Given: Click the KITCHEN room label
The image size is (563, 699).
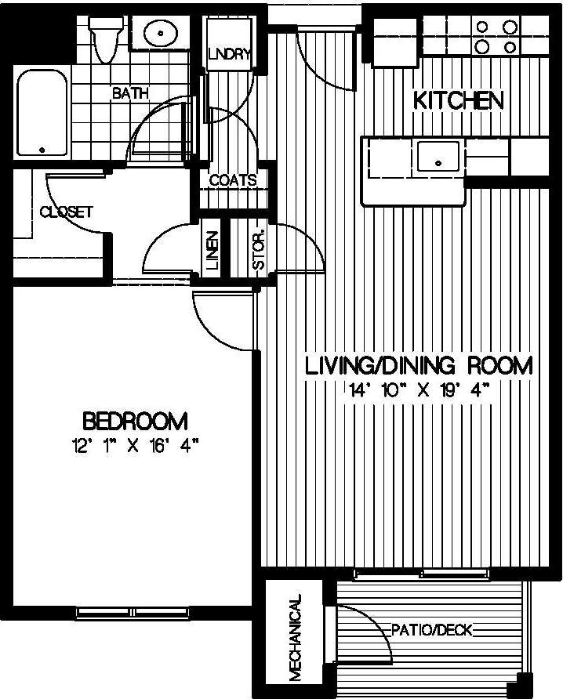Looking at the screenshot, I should [x=458, y=100].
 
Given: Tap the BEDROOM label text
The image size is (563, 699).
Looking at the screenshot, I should [x=135, y=422].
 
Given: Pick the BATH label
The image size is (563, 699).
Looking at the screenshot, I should [x=130, y=93].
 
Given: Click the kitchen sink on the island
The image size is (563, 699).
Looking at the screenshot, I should [x=437, y=156].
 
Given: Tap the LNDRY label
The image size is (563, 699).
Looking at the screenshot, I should [x=229, y=54].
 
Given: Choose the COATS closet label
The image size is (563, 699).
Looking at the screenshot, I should [x=233, y=180].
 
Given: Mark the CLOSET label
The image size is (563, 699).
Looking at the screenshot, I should [x=67, y=212].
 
